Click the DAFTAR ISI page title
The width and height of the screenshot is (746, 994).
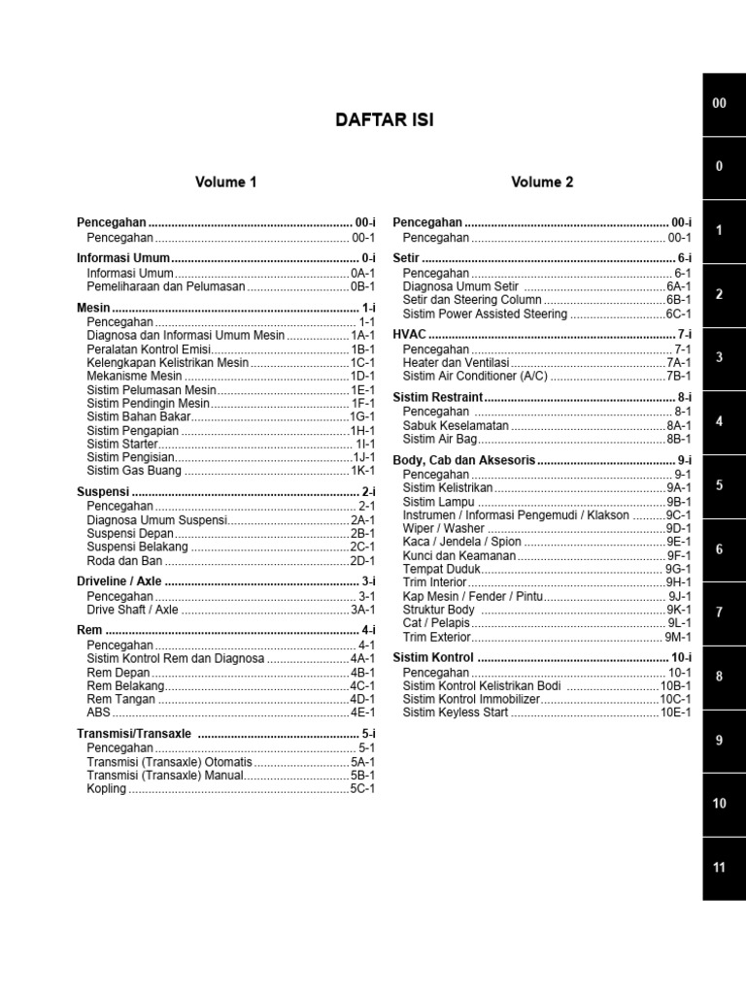(385, 120)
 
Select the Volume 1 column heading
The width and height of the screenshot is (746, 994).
(226, 182)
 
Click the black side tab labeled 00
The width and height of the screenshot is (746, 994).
(719, 103)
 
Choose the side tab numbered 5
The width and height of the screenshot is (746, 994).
(719, 485)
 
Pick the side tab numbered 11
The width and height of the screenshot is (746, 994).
(719, 867)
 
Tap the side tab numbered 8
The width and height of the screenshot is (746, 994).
(719, 676)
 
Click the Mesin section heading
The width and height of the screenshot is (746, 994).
(93, 308)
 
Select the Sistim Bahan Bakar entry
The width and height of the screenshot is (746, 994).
(139, 416)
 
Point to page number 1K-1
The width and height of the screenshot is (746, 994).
(362, 471)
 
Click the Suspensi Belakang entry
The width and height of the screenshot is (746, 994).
(138, 547)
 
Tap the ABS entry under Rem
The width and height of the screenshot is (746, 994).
(99, 712)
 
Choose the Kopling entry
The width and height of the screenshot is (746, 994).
(107, 789)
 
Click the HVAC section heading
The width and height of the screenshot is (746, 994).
(409, 335)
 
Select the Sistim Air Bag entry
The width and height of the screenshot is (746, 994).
(440, 439)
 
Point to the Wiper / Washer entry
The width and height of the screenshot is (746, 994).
(444, 528)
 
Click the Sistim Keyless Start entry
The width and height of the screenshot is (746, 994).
(456, 712)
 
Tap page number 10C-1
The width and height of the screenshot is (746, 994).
(675, 699)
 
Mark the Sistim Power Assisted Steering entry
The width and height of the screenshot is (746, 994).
(485, 315)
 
